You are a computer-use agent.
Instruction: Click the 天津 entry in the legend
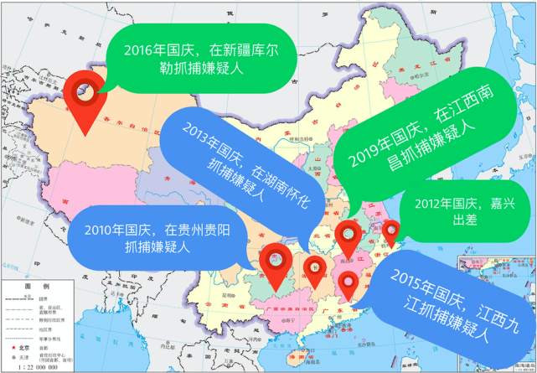(x=26, y=356)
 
